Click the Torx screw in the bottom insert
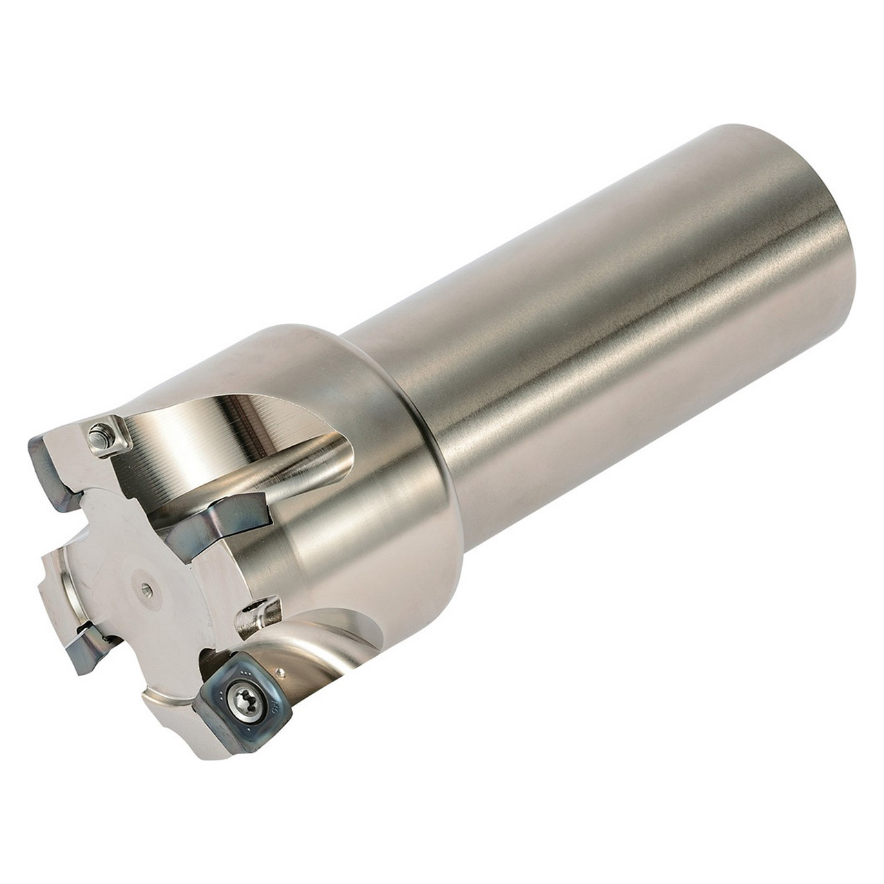tap(244, 697)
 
